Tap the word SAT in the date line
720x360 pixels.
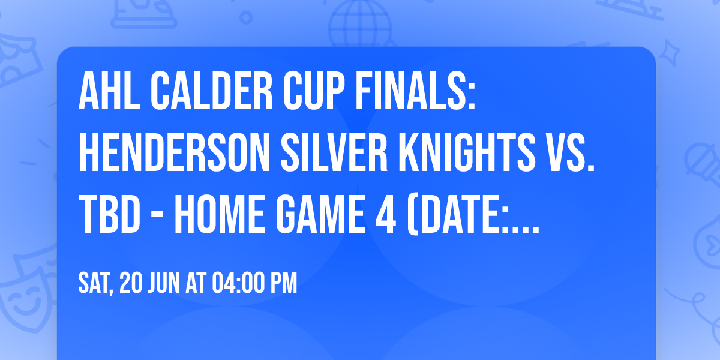click(95, 283)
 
